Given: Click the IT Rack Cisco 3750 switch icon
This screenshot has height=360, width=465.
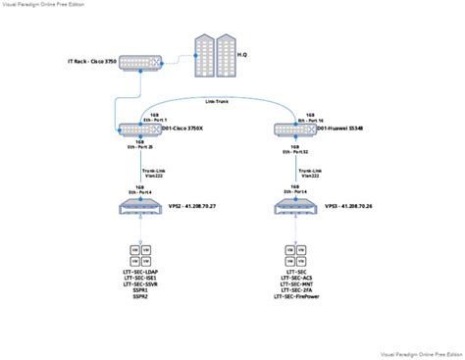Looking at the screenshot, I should pyautogui.click(x=138, y=63).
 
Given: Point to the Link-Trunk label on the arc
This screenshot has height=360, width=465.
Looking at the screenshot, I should pyautogui.click(x=219, y=98).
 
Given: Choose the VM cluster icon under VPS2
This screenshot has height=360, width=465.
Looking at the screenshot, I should pyautogui.click(x=142, y=253).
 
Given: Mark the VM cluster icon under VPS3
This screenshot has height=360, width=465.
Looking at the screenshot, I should pyautogui.click(x=292, y=253).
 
